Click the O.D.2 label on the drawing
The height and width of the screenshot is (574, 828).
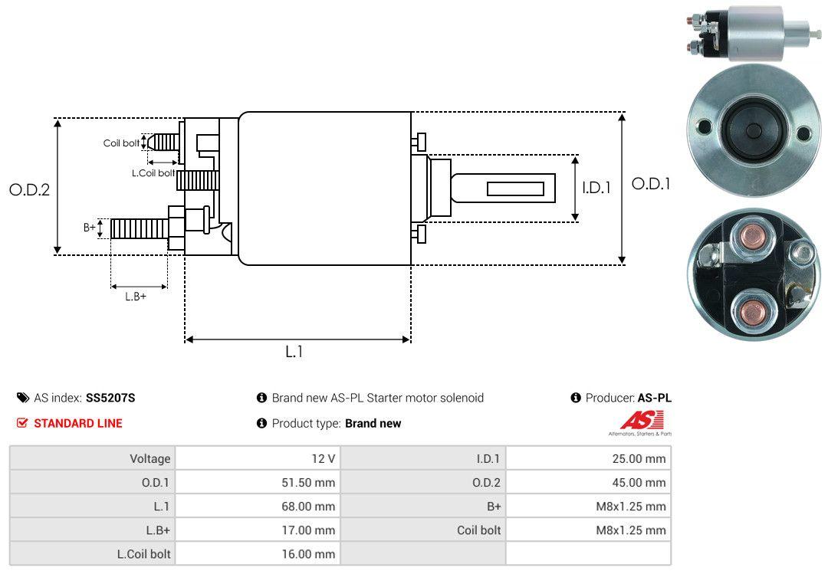[x=30, y=189]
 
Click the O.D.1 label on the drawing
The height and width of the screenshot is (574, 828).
[x=651, y=184]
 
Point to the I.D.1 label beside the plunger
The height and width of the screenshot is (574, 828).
[x=596, y=188]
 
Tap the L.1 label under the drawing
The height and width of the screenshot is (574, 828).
[x=294, y=351]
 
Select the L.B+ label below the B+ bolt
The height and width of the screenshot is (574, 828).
[x=136, y=297]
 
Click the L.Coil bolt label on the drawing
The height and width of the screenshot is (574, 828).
[x=153, y=172]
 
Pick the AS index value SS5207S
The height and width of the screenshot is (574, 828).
[x=110, y=398]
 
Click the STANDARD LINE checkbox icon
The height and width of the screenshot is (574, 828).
[x=21, y=423]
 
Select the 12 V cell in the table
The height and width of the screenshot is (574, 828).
[x=258, y=458]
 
